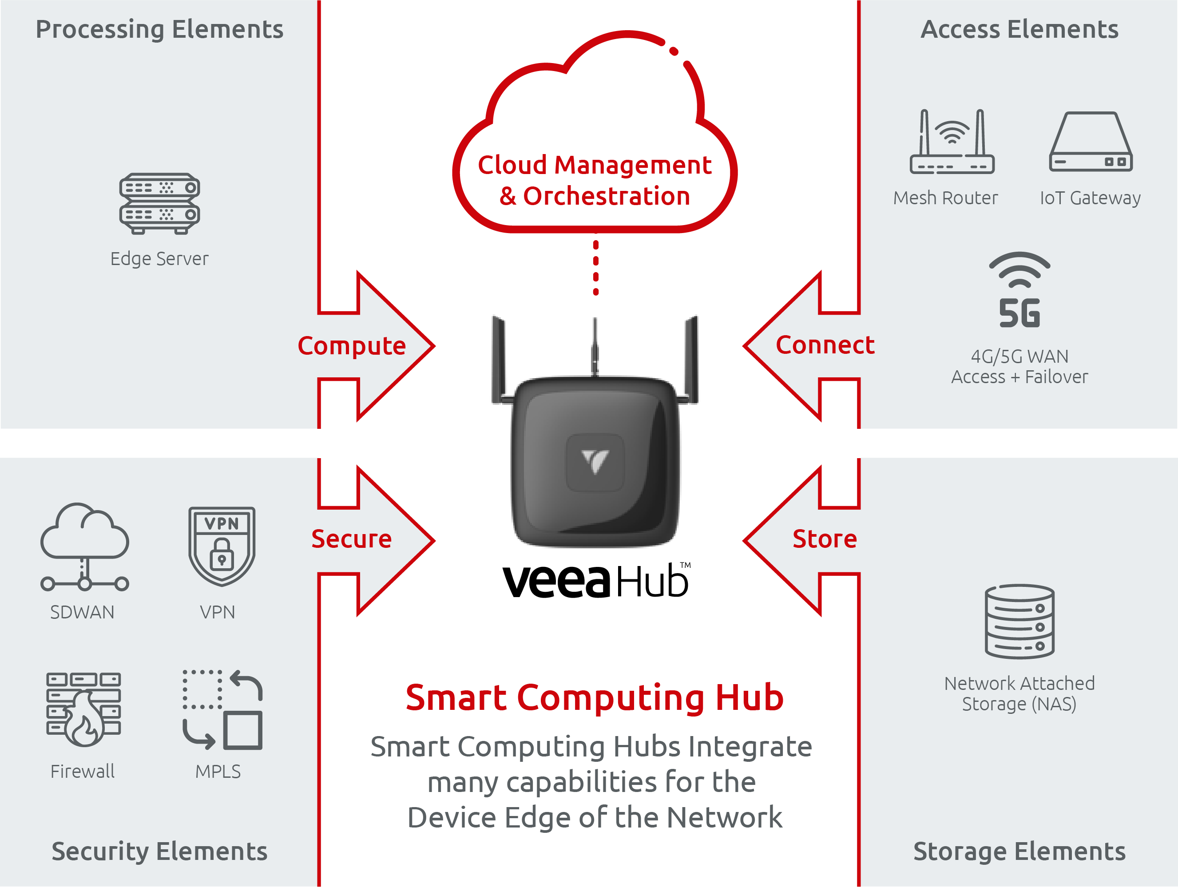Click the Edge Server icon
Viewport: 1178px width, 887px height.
tap(160, 203)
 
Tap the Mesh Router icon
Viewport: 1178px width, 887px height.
tap(952, 142)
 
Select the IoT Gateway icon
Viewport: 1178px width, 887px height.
tap(1090, 142)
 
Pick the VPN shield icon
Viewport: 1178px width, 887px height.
tap(222, 546)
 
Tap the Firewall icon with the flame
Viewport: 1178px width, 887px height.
tap(83, 709)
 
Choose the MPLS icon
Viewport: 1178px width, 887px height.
tap(222, 710)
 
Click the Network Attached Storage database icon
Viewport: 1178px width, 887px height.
tap(1019, 622)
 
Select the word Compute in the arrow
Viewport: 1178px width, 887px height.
tap(352, 346)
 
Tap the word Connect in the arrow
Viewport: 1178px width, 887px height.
tap(825, 345)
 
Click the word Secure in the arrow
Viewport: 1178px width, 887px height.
tap(352, 539)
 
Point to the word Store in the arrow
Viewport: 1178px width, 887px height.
tap(825, 539)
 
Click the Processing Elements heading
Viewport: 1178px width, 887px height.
tap(159, 30)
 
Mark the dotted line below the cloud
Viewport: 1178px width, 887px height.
tap(596, 265)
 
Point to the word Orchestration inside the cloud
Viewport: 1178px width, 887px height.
tap(607, 196)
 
